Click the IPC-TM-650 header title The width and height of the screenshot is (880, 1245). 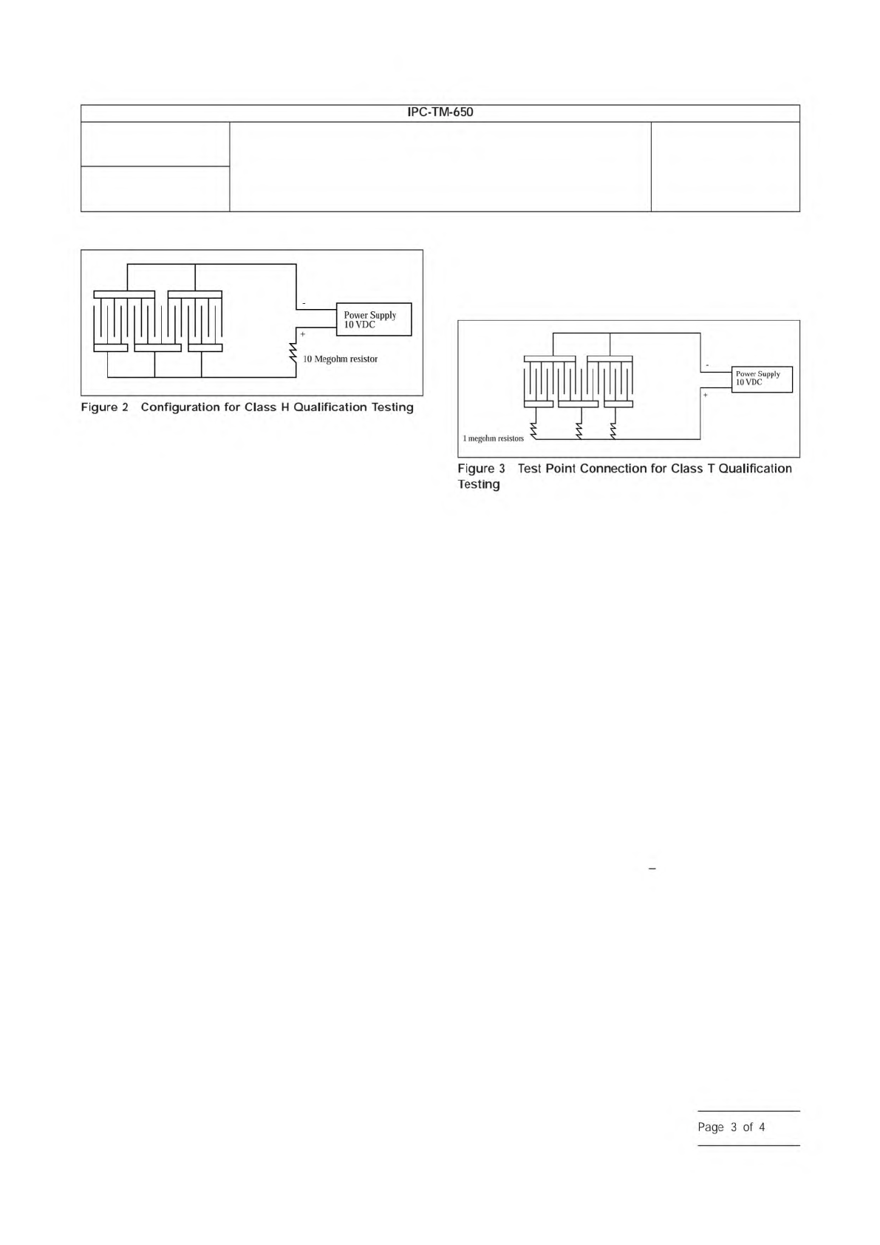pos(440,113)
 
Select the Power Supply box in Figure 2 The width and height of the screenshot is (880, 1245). pos(373,319)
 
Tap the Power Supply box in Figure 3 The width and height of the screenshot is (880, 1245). pos(762,379)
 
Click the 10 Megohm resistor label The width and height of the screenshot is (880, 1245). pos(340,359)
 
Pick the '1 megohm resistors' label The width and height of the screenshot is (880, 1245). pos(493,438)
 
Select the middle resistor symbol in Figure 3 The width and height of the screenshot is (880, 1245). pos(579,428)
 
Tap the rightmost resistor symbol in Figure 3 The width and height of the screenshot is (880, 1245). pos(613,428)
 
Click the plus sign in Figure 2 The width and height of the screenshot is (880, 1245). pos(303,334)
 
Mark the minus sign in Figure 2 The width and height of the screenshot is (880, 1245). pos(303,303)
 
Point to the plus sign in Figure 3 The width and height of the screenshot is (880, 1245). pos(705,396)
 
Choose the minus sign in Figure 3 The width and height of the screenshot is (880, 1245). pos(707,365)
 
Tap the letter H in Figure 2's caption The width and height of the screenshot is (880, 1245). pos(283,407)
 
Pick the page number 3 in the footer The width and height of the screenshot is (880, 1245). pos(734,1127)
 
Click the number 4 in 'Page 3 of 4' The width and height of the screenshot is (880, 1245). pos(762,1127)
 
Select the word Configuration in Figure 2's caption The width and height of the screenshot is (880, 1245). pos(180,407)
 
